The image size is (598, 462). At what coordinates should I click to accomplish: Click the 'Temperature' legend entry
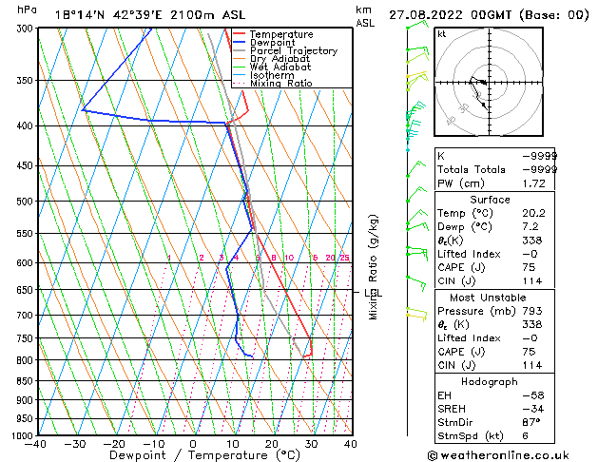[280, 34]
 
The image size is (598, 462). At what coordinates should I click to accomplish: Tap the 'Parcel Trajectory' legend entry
[293, 51]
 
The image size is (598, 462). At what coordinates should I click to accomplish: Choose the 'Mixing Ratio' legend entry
[281, 84]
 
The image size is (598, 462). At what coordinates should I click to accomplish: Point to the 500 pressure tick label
[21, 202]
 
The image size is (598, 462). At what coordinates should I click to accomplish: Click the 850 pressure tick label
[21, 381]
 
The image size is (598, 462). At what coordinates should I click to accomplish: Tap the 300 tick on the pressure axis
[21, 29]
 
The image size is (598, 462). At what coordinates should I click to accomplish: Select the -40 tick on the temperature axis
[36, 444]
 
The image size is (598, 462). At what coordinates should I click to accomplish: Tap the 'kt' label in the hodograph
[441, 34]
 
